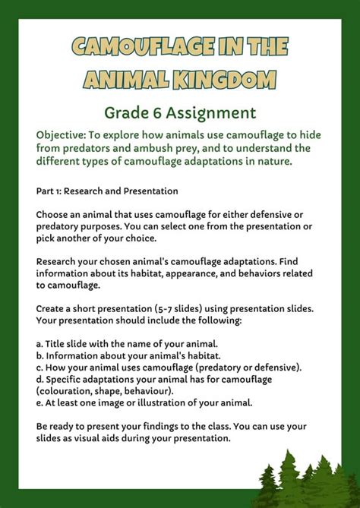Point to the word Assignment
(x=212, y=114)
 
